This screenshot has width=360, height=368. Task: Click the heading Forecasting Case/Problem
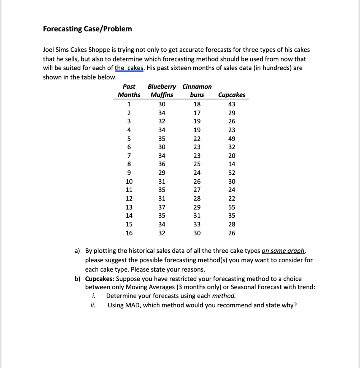point(87,29)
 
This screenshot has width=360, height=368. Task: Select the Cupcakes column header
point(232,95)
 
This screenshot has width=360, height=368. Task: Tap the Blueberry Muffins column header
point(162,91)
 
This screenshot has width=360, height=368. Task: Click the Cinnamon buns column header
point(197,91)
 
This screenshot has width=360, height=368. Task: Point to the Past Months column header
point(129,91)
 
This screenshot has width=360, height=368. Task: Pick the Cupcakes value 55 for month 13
point(232,207)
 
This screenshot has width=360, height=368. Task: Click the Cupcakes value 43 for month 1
point(232,104)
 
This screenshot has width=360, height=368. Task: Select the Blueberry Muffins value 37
point(162,207)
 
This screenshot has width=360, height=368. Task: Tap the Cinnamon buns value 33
point(197,225)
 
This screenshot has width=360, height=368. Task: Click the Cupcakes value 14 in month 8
point(232,164)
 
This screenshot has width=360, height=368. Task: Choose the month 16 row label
point(129,233)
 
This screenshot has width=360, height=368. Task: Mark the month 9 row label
point(129,173)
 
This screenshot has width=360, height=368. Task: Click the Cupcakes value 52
point(232,173)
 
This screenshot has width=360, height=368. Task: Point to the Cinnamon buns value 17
point(197,113)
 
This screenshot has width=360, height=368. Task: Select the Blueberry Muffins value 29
point(162,173)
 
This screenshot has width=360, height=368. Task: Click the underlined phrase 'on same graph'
point(284,251)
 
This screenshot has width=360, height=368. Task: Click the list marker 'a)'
point(78,251)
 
